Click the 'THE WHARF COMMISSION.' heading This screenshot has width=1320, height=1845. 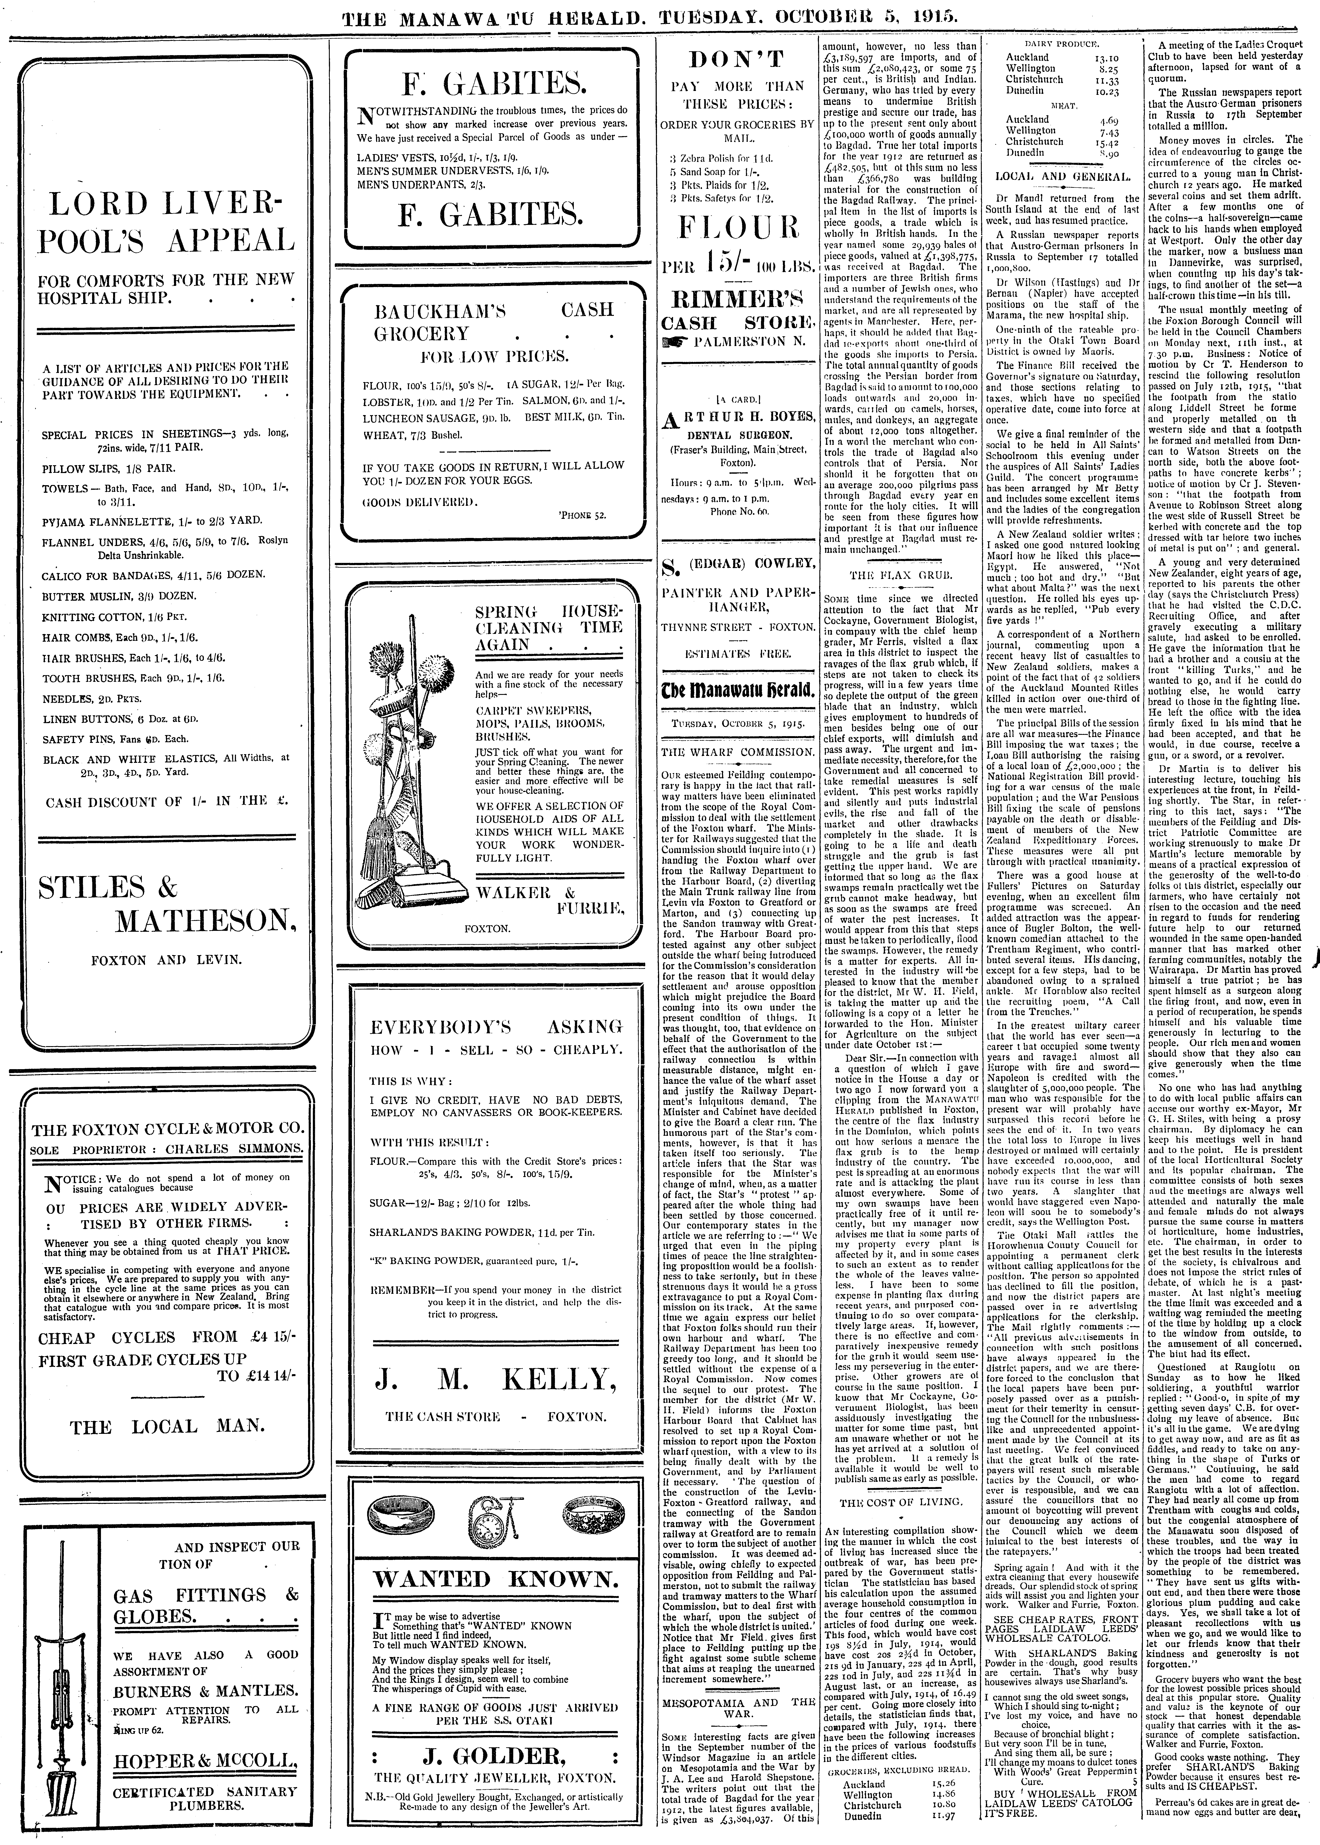[737, 752]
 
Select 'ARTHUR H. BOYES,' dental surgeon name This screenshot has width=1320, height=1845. [737, 417]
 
